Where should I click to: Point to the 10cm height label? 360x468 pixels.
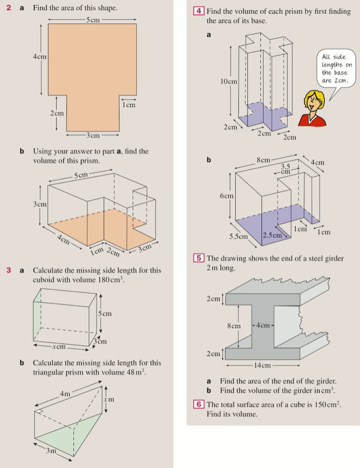click(x=229, y=81)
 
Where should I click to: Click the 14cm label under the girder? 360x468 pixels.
click(x=263, y=365)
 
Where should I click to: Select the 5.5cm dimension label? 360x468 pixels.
click(x=239, y=236)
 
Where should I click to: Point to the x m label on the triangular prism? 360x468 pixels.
click(x=111, y=399)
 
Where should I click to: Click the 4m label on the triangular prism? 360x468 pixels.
click(x=65, y=394)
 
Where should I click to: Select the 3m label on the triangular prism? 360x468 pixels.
click(x=51, y=450)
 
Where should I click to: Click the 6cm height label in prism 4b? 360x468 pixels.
click(x=226, y=195)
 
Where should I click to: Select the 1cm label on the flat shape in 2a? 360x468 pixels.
click(x=129, y=104)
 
